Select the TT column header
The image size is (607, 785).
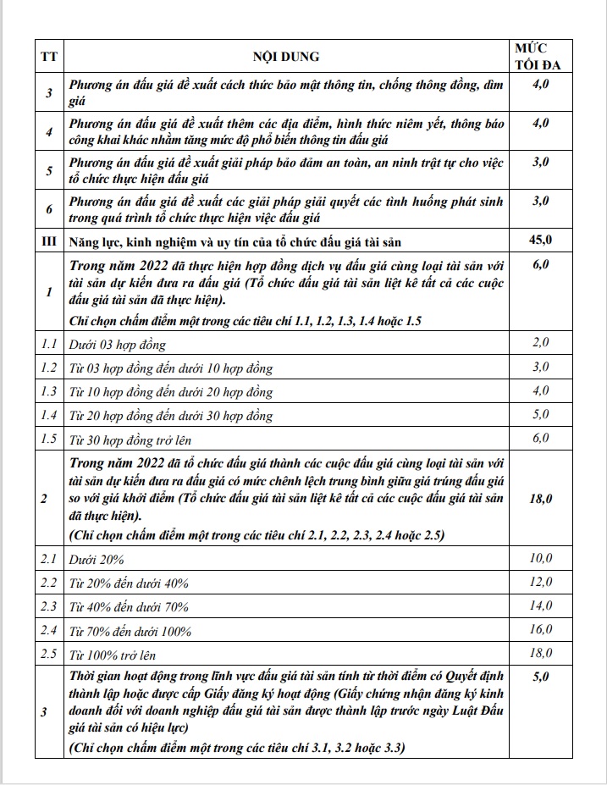48,57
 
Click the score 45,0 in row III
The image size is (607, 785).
540,241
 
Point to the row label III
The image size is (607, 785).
48,242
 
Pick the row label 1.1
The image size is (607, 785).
48,345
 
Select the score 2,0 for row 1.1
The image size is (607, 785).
540,343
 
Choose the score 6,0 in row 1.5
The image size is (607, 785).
540,438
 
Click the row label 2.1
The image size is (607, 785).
48,560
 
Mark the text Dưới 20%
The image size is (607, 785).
98,560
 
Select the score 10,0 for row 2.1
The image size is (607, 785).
540,558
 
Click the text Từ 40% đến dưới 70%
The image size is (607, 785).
129,607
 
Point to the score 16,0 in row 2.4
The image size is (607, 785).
540,629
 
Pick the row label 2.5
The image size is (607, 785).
48,655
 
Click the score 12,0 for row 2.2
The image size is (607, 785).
540,582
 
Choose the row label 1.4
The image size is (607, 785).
48,416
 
